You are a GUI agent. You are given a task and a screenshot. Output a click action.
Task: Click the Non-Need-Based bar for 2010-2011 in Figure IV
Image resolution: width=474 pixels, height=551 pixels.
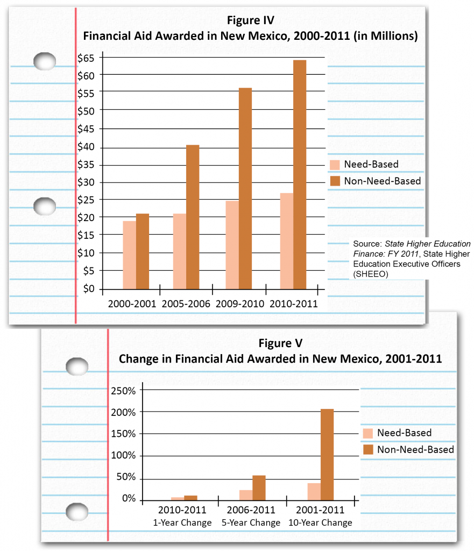[x=299, y=175]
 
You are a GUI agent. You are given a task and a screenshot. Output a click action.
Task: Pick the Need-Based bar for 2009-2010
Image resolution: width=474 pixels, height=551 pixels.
[x=232, y=245]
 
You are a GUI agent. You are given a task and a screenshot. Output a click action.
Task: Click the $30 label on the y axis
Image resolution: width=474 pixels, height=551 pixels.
[x=86, y=182]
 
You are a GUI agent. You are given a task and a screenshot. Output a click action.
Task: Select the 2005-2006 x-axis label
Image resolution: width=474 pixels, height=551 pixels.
[x=186, y=303]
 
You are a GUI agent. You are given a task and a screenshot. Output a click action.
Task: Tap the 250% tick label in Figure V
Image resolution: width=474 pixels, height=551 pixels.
[x=123, y=390]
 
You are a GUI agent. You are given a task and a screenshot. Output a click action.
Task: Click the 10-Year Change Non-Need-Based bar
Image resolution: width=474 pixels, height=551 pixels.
[x=327, y=455]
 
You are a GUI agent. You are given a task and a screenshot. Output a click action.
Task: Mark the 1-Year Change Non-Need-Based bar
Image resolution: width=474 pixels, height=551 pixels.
[x=191, y=498]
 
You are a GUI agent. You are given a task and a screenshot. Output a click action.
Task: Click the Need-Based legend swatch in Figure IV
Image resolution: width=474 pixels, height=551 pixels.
[x=334, y=165]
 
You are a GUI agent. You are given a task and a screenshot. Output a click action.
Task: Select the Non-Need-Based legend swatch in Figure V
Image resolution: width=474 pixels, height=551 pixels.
[x=368, y=449]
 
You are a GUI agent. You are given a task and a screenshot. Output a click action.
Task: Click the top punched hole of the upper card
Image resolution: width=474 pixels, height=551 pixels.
[x=44, y=61]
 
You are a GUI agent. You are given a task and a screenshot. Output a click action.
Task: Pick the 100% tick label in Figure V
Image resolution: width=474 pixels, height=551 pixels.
[x=123, y=455]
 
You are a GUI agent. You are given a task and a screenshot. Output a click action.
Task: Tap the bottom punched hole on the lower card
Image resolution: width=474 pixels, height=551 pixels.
[x=76, y=511]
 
